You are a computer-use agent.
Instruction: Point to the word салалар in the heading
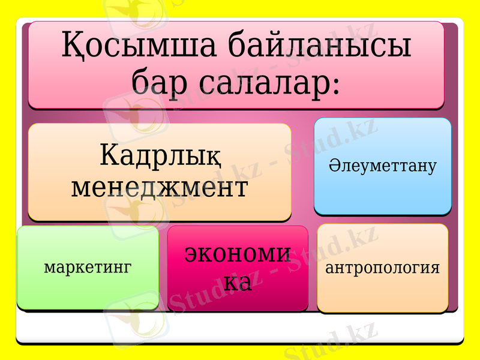point(263,81)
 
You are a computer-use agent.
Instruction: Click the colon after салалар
point(335,84)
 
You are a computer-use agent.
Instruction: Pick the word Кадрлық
point(160,156)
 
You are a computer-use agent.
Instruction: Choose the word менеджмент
point(160,187)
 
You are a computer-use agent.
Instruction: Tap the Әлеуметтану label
point(382,166)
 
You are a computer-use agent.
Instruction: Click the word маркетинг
point(88,268)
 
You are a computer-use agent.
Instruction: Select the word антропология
point(382,268)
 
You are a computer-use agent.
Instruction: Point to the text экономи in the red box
point(238,254)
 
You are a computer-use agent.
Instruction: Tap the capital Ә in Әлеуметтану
point(334,166)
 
